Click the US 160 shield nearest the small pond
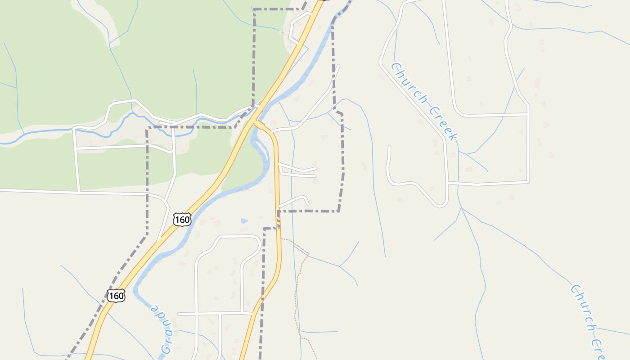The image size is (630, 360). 182,220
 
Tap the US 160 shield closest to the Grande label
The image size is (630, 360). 116,296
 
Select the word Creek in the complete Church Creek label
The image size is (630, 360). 444,123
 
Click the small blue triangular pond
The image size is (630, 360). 244,221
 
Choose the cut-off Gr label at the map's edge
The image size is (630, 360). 166,349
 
